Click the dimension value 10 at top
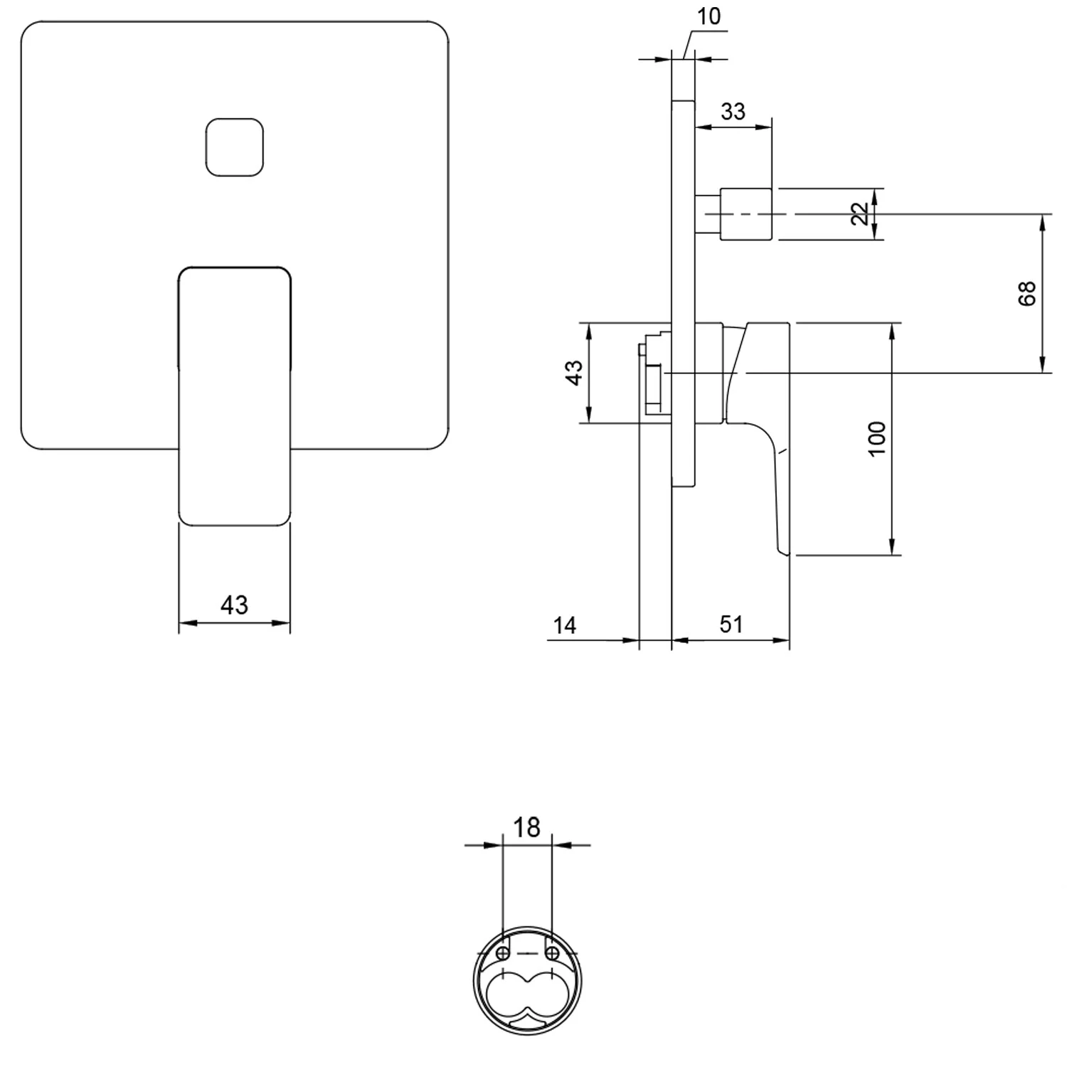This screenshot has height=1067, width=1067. (x=709, y=16)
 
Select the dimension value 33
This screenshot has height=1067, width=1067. (x=733, y=112)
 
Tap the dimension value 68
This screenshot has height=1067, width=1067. (x=1027, y=293)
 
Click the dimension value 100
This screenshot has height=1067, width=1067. (x=878, y=439)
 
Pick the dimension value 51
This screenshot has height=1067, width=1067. (x=731, y=624)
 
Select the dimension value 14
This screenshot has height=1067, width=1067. (x=564, y=625)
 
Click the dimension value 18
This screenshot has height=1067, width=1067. (x=526, y=827)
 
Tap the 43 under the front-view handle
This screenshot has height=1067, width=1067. (x=234, y=605)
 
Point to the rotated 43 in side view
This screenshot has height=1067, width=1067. (x=575, y=373)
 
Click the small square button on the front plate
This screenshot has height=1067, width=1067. (x=235, y=147)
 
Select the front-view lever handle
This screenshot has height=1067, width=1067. (x=235, y=396)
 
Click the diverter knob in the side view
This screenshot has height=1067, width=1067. (x=747, y=213)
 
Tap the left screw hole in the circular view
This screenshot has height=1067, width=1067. (x=503, y=952)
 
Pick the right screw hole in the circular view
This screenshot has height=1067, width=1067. (x=551, y=952)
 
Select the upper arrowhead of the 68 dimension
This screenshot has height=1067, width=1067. (x=1043, y=221)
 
